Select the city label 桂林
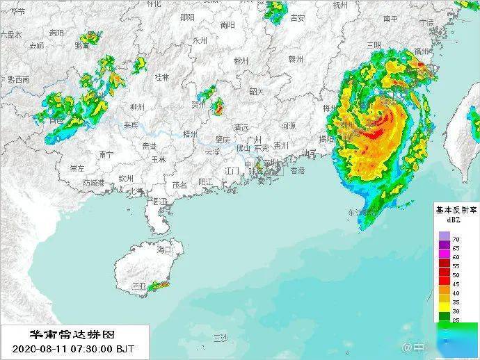(162, 77)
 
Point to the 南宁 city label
(106, 154)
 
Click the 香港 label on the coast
(297, 170)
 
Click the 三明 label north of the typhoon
(374, 45)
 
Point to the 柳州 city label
(137, 107)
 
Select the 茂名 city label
(179, 185)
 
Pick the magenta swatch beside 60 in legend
(444, 256)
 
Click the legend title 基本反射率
(456, 208)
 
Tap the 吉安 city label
(297, 18)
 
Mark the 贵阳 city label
(56, 33)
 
